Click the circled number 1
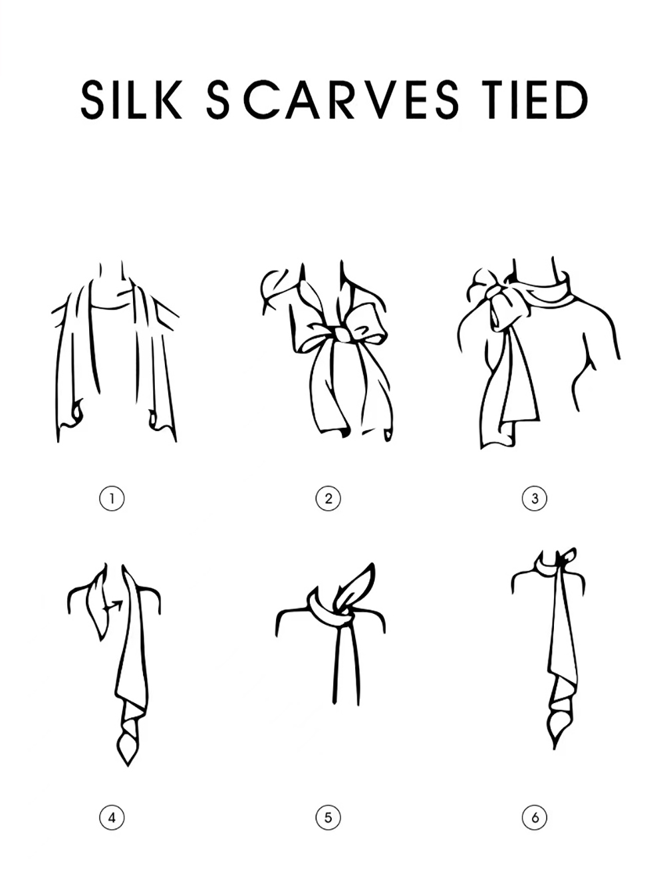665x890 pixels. coord(112,498)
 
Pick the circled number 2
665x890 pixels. coord(329,498)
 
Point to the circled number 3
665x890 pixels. coord(535,498)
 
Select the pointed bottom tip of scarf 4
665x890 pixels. coord(128,765)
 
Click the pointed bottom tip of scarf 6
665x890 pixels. coord(554,748)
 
